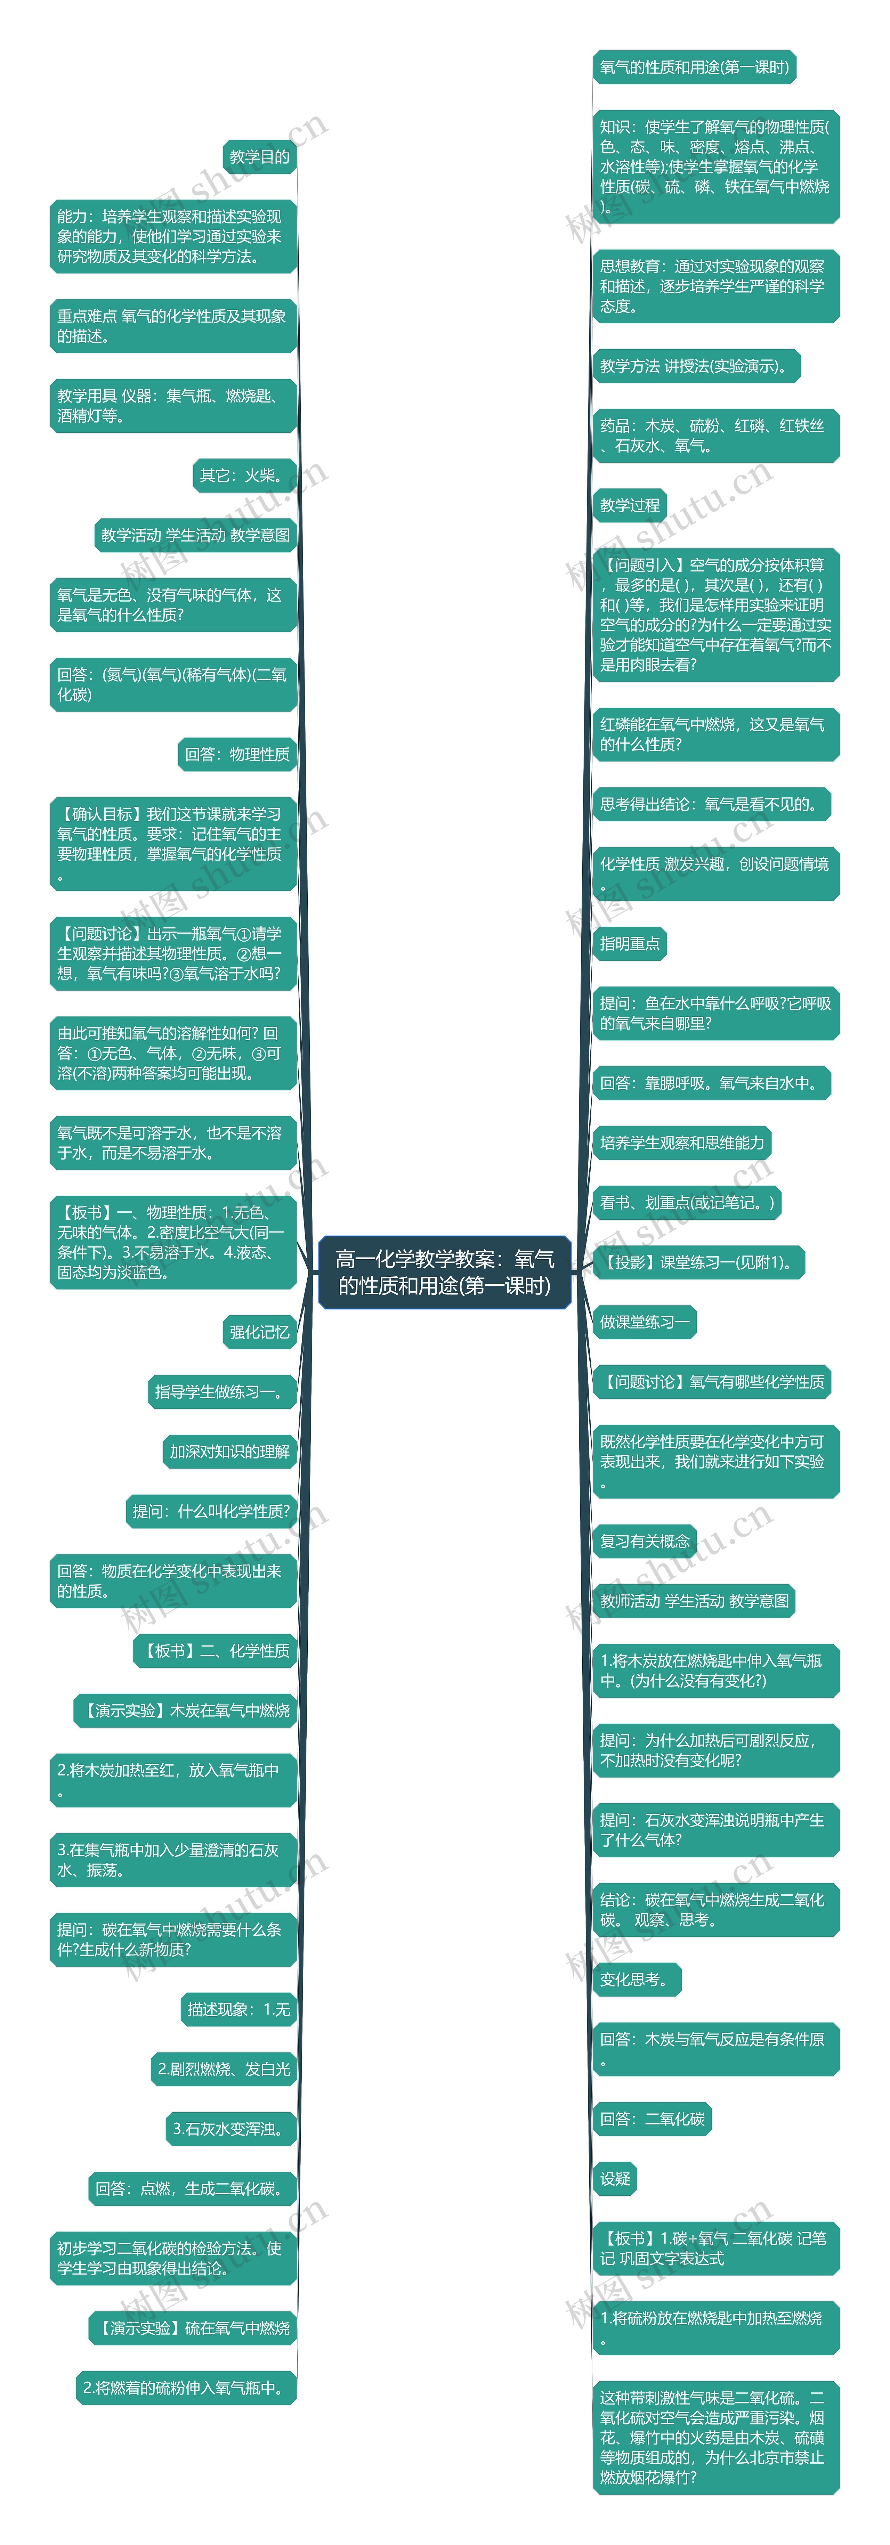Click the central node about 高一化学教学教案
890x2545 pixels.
click(x=445, y=1271)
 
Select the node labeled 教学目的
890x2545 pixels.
click(x=260, y=157)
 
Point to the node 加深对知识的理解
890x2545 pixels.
click(x=229, y=1451)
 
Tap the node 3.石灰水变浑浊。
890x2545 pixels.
click(x=231, y=2129)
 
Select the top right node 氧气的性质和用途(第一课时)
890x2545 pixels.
click(x=694, y=67)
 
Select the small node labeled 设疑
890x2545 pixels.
click(x=615, y=2178)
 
